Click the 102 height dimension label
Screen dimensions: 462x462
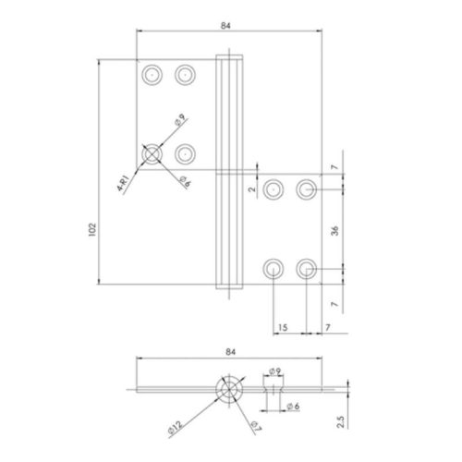92,230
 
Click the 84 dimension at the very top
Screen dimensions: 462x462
225,26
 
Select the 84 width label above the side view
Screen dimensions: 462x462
230,352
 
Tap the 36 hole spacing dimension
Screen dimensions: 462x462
334,231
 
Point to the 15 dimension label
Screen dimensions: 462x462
283,327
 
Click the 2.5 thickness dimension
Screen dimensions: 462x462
340,421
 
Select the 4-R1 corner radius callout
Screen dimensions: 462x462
123,184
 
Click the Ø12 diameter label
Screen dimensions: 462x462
176,429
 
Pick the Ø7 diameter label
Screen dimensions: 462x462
256,426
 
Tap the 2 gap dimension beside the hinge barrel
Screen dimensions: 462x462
252,188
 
